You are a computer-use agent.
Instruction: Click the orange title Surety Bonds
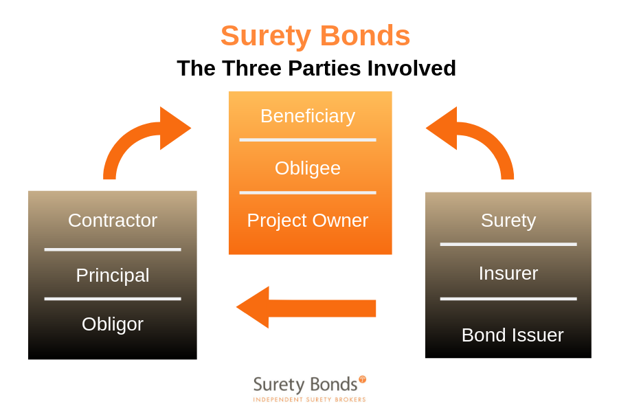315,36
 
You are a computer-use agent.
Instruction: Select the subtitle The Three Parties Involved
316,68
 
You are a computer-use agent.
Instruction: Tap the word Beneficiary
308,116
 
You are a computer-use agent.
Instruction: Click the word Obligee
308,168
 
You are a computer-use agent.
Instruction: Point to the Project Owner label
308,221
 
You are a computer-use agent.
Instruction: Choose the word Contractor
113,221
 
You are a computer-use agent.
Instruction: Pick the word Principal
113,276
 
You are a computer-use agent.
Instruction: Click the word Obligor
113,324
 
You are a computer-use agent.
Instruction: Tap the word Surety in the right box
508,221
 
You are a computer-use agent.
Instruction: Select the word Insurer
508,273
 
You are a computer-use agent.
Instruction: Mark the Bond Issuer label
513,335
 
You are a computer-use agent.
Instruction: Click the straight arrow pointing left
306,308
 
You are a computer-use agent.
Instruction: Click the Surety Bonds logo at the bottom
305,384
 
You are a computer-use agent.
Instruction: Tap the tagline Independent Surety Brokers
309,399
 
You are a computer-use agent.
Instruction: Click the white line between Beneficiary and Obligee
308,139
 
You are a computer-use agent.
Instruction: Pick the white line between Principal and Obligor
113,299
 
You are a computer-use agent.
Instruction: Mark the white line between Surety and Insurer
508,244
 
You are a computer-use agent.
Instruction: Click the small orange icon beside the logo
363,379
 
